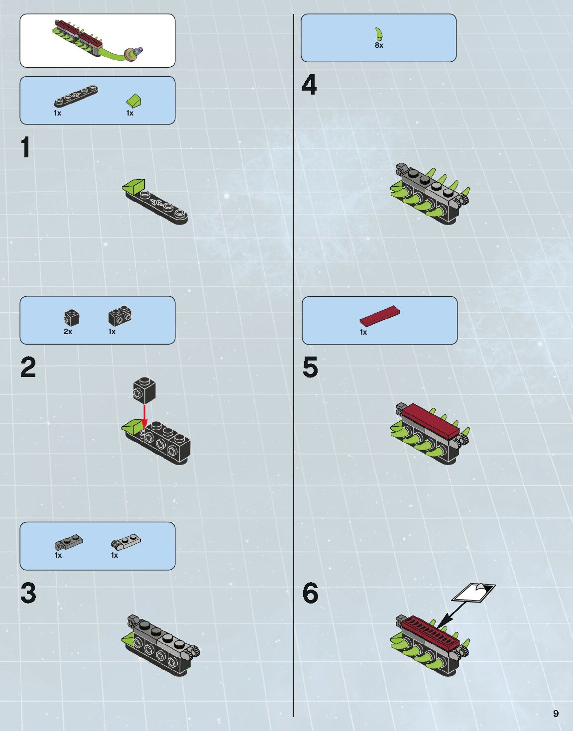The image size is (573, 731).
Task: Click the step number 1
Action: click(x=25, y=147)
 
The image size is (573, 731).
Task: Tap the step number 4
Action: click(x=309, y=85)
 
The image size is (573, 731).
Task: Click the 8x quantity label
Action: click(x=379, y=45)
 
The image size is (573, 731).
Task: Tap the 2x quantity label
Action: click(x=68, y=332)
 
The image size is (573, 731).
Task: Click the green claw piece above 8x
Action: click(x=380, y=34)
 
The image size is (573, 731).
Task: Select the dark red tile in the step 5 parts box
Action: click(x=380, y=316)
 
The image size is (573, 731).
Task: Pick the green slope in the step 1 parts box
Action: click(x=134, y=101)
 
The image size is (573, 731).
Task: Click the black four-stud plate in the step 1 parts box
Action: click(x=76, y=96)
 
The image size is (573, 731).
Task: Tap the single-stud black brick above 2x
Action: click(x=72, y=318)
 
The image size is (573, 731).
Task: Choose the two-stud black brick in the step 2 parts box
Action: click(x=120, y=316)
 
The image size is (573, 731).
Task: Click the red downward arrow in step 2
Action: click(x=144, y=417)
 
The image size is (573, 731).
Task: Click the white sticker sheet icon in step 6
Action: click(x=473, y=593)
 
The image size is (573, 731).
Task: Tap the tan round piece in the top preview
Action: click(x=130, y=55)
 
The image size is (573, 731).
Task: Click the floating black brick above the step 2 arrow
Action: click(x=144, y=390)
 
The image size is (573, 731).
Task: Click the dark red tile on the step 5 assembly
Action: click(x=431, y=421)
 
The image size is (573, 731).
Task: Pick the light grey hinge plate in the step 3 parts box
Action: click(x=126, y=541)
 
